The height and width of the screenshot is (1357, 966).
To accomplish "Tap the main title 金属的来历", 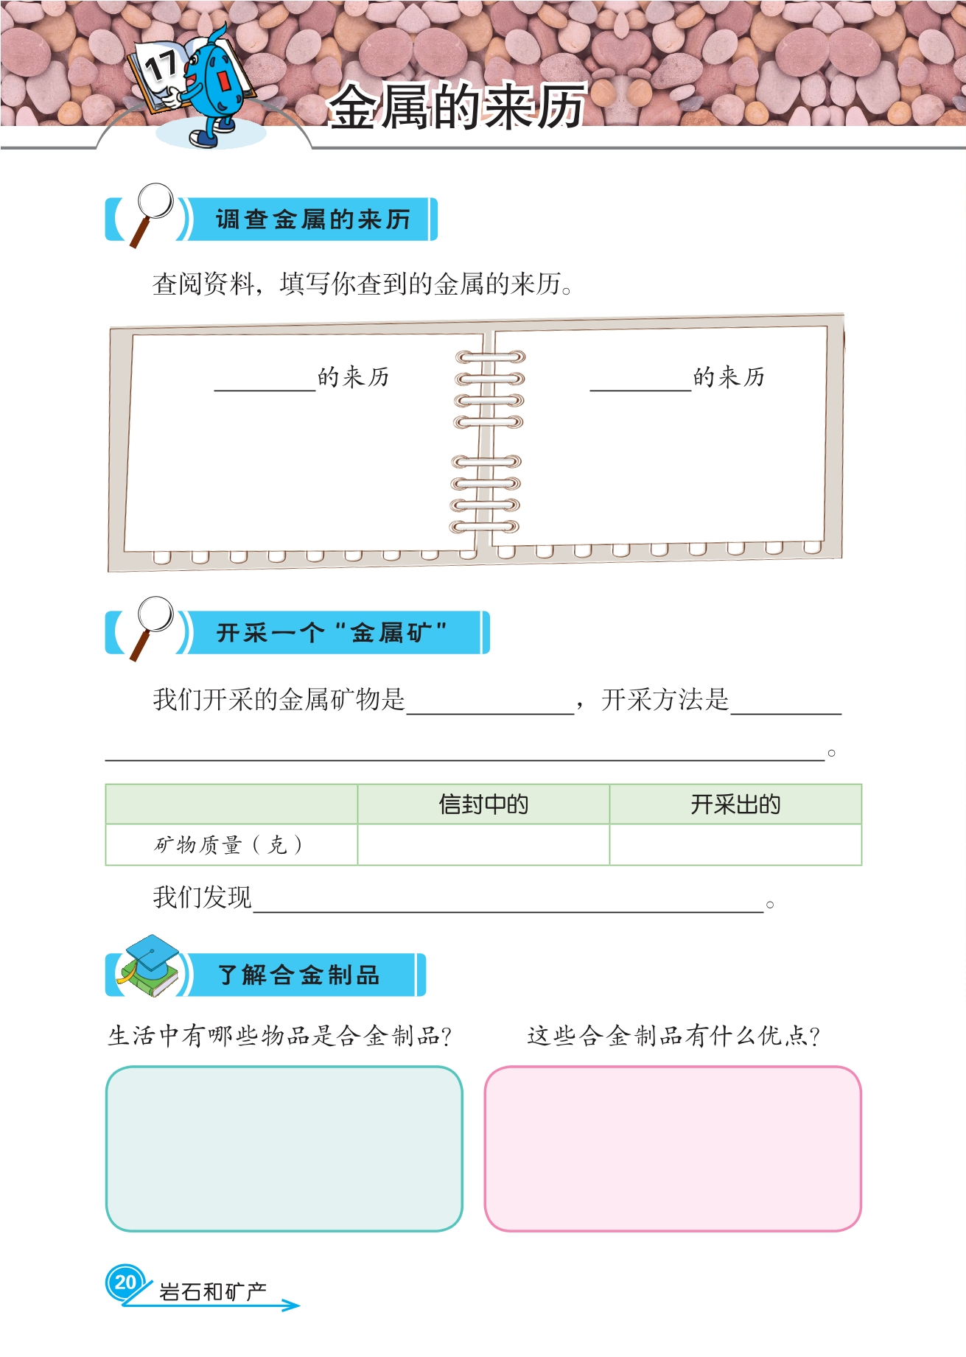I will (457, 107).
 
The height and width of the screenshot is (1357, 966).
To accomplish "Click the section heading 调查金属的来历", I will (312, 220).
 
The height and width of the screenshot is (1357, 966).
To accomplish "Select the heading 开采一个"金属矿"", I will (332, 633).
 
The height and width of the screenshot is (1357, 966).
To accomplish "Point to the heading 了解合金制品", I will (299, 975).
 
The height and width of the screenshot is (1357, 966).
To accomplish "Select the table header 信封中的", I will (483, 804).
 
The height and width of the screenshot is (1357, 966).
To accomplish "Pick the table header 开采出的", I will (735, 804).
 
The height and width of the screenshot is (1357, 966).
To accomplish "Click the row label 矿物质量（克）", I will (228, 845).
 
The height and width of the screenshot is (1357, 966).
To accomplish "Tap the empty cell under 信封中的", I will (483, 845).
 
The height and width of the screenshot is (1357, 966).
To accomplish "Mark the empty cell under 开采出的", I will (735, 845).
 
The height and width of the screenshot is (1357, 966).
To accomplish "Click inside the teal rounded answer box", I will (284, 1149).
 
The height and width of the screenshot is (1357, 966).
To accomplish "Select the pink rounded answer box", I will (673, 1149).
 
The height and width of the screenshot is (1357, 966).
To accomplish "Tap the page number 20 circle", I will (125, 1283).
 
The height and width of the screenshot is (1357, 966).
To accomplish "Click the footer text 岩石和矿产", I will (213, 1292).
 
